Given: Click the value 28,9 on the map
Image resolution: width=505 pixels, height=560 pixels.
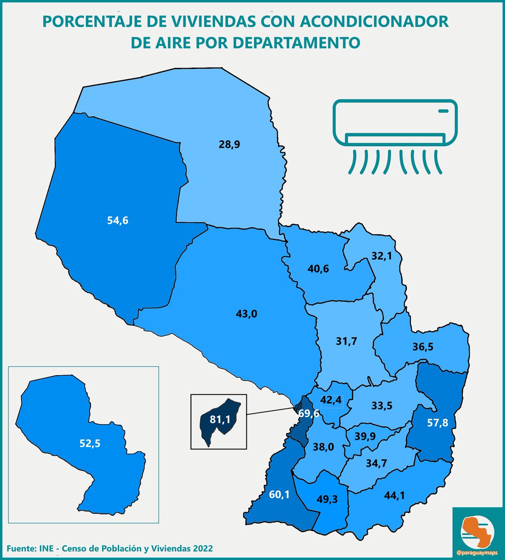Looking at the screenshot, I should click(x=229, y=144).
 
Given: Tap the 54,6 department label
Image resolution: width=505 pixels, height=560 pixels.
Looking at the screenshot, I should click(x=118, y=220).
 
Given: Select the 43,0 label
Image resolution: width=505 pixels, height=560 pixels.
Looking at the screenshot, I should click(x=247, y=314).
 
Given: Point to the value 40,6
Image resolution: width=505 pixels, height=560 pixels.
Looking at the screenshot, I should click(x=319, y=269).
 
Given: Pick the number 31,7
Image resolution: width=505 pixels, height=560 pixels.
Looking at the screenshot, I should click(x=346, y=341).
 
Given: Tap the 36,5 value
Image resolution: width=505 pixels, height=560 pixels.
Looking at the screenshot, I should click(x=423, y=347).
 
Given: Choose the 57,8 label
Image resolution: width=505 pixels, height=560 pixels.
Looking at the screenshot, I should click(x=438, y=423).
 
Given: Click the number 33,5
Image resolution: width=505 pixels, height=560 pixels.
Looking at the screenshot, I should click(x=381, y=406).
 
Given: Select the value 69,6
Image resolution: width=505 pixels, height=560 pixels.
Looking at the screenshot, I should click(x=309, y=413).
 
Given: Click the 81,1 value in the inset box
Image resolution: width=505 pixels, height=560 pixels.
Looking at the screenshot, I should click(x=220, y=420).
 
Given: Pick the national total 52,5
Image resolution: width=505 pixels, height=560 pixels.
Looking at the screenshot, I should click(x=90, y=443).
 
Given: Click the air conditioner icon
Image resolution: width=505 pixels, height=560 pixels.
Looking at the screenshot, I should click(x=395, y=135).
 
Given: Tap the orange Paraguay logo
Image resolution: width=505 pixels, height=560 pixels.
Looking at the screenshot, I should click(x=477, y=531).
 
